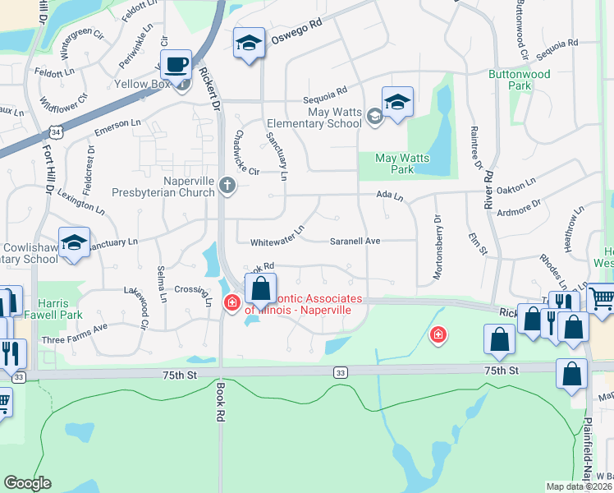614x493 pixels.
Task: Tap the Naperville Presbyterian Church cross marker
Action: tap(227, 187)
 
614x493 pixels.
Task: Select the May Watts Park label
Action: tap(394, 164)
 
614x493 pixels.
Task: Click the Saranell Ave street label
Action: tap(355, 242)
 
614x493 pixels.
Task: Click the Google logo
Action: tap(27, 483)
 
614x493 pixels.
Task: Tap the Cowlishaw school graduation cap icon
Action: tap(74, 243)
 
